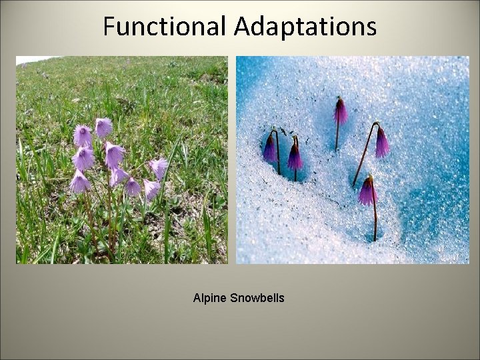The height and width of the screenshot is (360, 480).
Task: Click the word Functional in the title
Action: [x=165, y=27]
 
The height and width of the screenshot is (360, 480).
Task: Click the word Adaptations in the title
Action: [x=305, y=27]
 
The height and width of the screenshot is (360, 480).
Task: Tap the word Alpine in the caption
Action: [x=209, y=298]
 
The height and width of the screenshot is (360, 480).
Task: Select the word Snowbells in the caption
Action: [x=257, y=298]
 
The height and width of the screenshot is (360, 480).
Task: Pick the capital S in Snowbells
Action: [x=233, y=298]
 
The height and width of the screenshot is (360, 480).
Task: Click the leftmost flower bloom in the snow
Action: [x=269, y=148]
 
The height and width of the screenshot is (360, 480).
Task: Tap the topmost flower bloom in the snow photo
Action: [x=341, y=111]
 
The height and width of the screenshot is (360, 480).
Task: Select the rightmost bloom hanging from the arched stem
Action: [x=382, y=143]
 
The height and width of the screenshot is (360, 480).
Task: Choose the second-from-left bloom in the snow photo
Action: [x=294, y=157]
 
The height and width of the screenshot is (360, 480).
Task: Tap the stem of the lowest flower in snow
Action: [x=375, y=220]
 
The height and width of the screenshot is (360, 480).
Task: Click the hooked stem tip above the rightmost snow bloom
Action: [x=377, y=124]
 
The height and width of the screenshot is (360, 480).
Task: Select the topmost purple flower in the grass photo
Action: [x=103, y=127]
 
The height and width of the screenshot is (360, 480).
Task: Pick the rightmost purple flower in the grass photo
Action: [x=159, y=167]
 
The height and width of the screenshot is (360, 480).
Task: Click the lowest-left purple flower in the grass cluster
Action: [x=79, y=182]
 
